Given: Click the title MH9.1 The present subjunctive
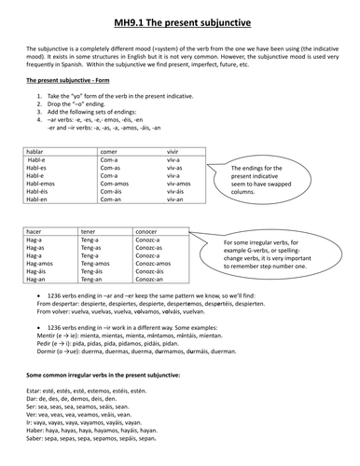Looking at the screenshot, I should (180, 15).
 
